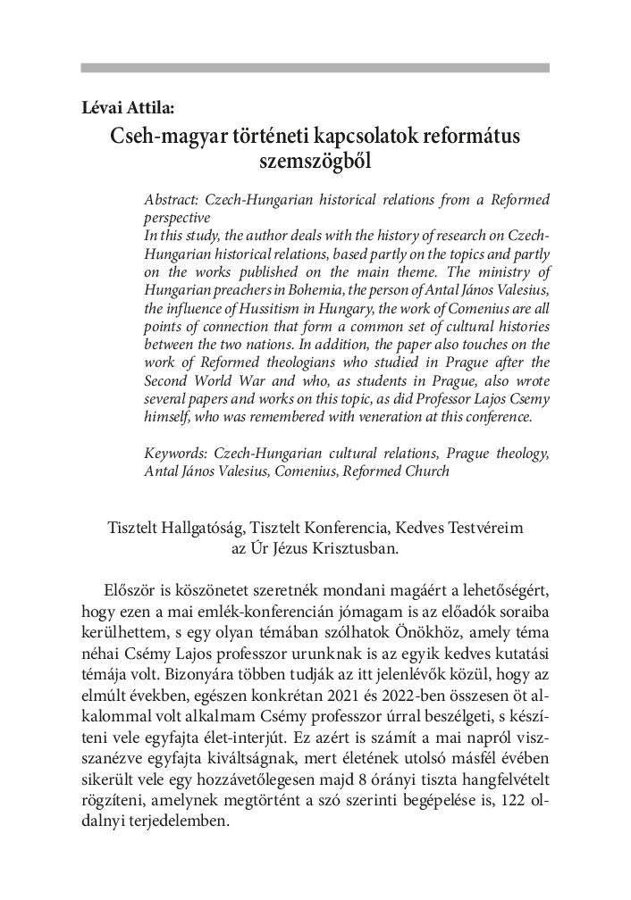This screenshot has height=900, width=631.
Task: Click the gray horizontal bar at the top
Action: tap(315, 68)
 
